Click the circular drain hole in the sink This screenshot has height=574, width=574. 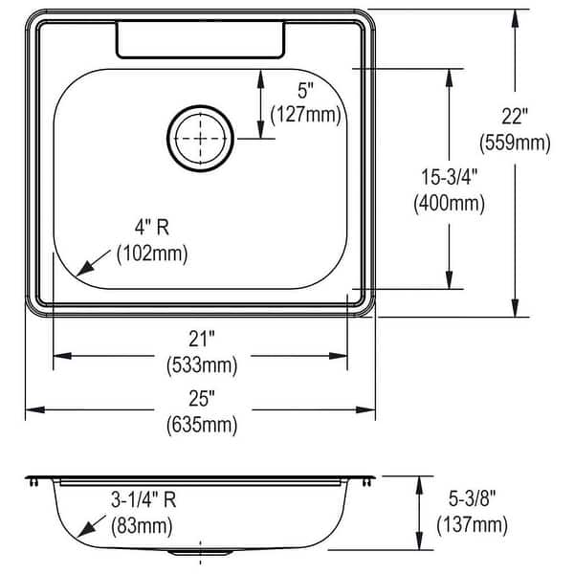(x=200, y=137)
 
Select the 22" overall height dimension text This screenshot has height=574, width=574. (x=515, y=118)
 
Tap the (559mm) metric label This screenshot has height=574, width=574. (x=515, y=143)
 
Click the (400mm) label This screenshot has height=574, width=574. (x=448, y=203)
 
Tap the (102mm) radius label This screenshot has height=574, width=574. (x=151, y=254)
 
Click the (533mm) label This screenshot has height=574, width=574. (x=199, y=364)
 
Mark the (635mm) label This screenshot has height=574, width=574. (x=199, y=423)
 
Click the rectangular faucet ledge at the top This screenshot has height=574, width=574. (x=200, y=39)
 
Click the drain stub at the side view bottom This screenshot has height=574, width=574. (x=200, y=552)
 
